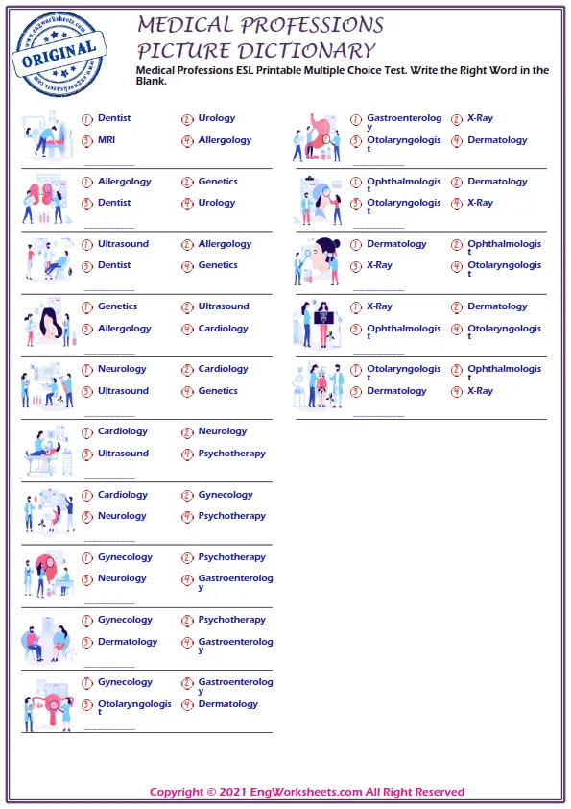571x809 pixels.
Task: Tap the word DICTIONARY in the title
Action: pyautogui.click(x=306, y=51)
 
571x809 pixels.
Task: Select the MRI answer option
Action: pyautogui.click(x=106, y=140)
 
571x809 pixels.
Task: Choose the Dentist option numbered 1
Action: pyautogui.click(x=113, y=118)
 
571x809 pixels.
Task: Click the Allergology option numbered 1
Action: pyautogui.click(x=124, y=182)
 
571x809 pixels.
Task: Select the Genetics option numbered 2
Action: pyautogui.click(x=218, y=182)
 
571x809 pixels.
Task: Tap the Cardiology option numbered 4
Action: pyautogui.click(x=223, y=329)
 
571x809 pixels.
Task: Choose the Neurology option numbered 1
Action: pyautogui.click(x=122, y=369)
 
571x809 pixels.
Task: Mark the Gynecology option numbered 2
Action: pyautogui.click(x=225, y=495)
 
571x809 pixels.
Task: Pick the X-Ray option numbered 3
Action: pyautogui.click(x=379, y=265)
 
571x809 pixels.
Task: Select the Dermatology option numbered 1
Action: pyautogui.click(x=396, y=244)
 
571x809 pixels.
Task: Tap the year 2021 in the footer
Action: pyautogui.click(x=234, y=793)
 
